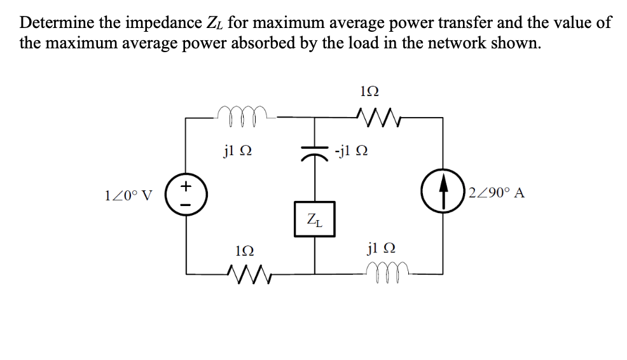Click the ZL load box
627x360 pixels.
click(x=314, y=220)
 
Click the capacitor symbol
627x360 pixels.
click(x=314, y=152)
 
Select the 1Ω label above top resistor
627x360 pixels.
click(x=370, y=91)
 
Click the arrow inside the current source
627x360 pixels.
click(x=443, y=192)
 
